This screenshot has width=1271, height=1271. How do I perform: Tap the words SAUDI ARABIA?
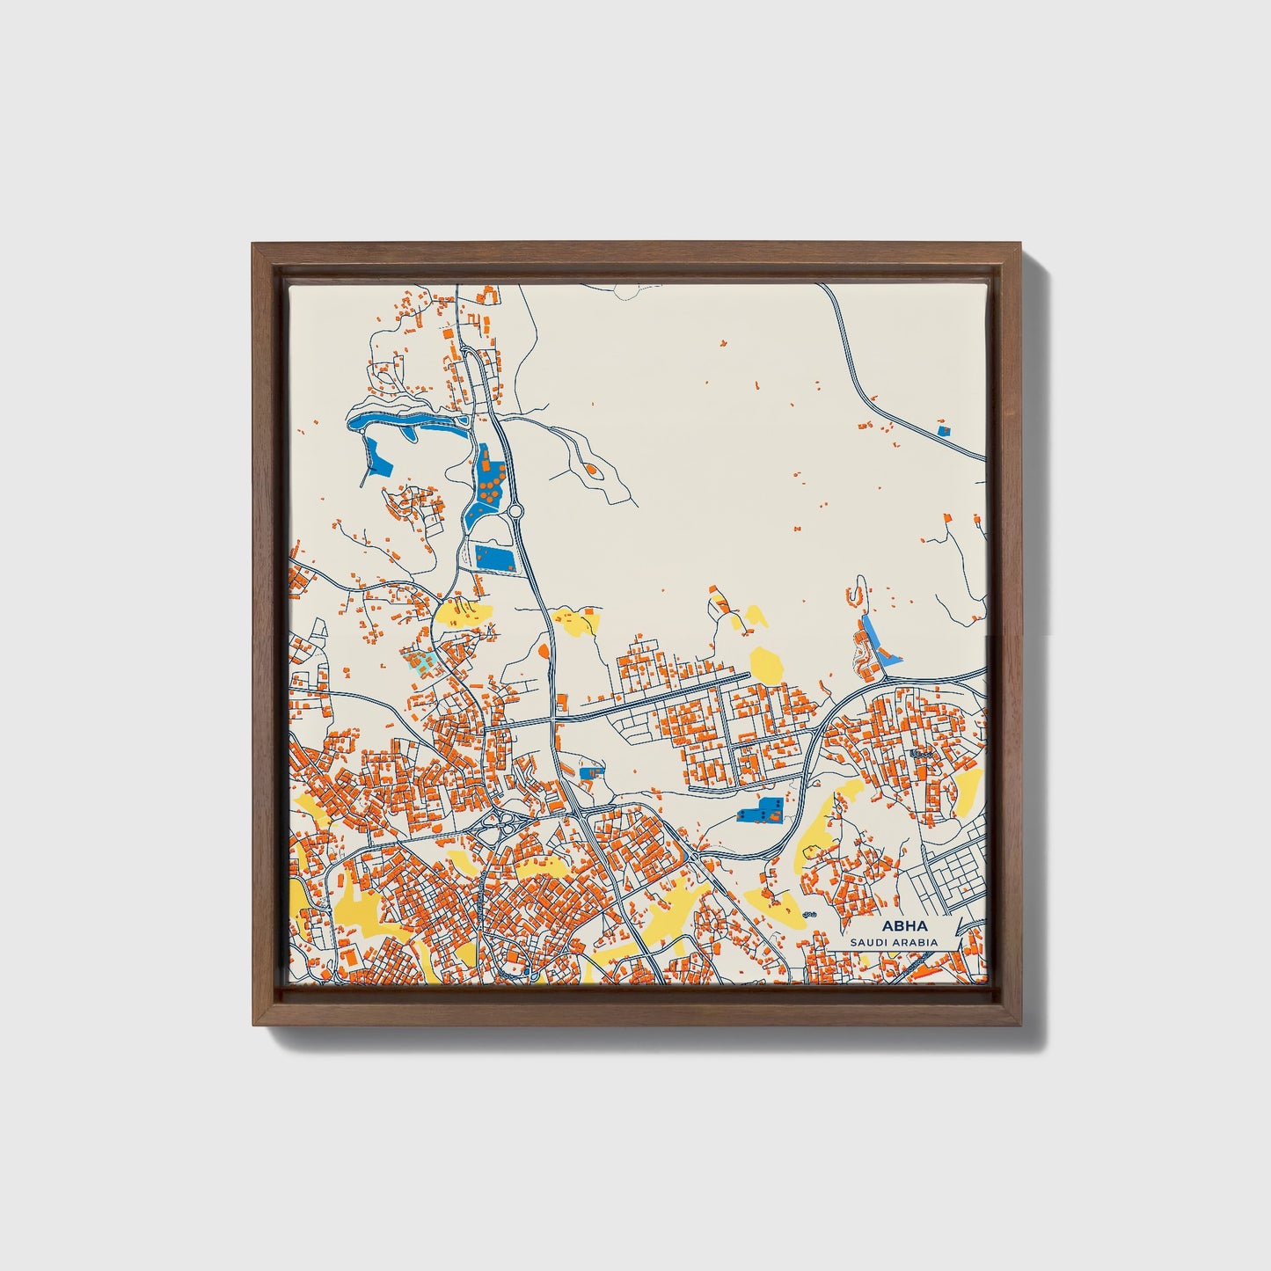coord(893,942)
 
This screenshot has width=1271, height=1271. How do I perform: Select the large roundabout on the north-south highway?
coord(515,511)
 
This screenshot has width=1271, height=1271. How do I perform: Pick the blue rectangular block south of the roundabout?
coord(493,556)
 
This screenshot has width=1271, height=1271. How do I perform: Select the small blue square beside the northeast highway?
coord(944,431)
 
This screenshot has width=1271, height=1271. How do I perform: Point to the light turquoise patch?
coord(420,662)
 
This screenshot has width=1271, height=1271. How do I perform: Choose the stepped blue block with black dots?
coord(760,810)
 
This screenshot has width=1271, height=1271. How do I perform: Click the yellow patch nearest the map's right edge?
coord(967,788)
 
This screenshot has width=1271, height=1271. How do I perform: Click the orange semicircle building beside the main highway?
coord(544,652)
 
